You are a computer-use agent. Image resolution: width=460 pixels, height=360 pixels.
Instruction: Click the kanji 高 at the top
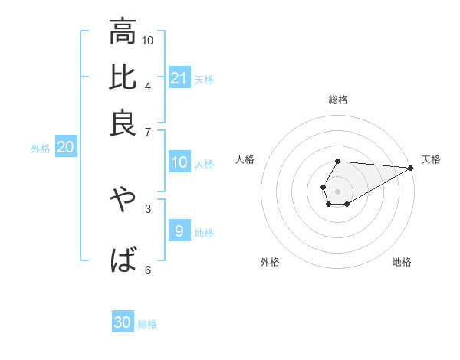click(123, 33)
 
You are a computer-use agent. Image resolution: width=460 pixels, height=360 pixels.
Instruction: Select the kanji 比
click(123, 78)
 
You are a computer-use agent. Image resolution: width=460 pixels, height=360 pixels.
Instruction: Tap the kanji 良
click(123, 122)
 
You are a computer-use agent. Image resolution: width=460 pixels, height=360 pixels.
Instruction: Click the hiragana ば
click(123, 260)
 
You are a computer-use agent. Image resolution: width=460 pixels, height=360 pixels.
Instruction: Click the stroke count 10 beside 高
click(148, 40)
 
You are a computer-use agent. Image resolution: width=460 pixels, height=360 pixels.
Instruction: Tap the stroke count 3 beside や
click(147, 208)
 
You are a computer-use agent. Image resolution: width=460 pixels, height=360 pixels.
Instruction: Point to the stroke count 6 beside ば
click(147, 269)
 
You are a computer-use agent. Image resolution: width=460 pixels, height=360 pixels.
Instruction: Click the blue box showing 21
click(179, 77)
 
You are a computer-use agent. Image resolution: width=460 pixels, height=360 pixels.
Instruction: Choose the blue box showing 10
click(179, 162)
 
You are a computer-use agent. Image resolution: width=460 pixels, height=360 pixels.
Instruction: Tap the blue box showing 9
click(179, 231)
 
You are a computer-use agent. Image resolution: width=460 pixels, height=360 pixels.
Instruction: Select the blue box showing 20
click(65, 148)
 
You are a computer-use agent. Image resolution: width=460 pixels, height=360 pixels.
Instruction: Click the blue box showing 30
click(123, 322)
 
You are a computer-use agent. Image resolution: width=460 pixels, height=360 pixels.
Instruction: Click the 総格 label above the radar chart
click(337, 100)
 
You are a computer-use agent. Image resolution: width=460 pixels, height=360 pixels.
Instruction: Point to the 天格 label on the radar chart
click(431, 159)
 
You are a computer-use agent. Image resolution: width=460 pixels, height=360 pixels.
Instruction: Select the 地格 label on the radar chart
click(402, 262)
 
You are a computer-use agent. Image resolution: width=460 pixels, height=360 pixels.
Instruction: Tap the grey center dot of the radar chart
click(337, 190)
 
